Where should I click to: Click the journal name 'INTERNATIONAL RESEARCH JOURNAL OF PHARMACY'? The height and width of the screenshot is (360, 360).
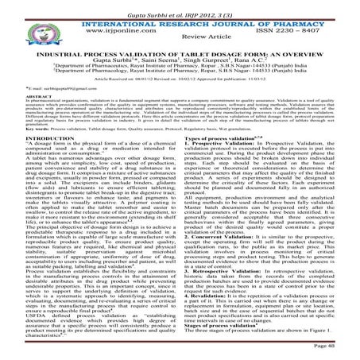click(x=180, y=17)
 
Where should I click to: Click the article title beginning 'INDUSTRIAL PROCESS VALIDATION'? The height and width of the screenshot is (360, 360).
click(x=180, y=52)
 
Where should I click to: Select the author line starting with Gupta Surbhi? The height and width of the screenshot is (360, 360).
click(x=180, y=60)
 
